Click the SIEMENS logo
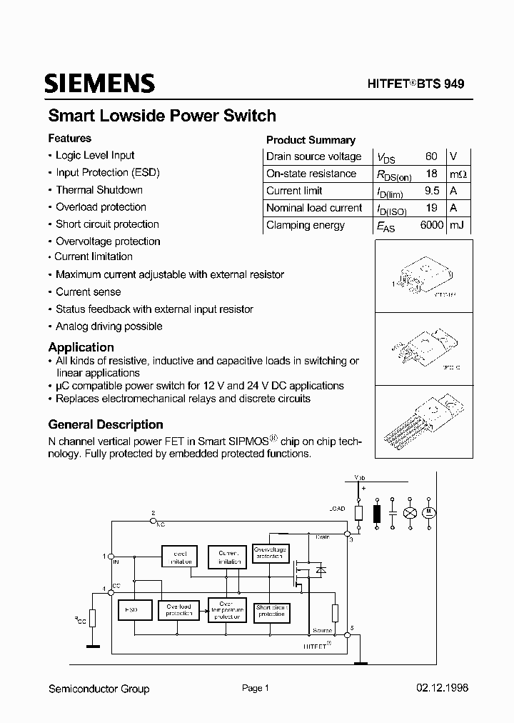(x=99, y=84)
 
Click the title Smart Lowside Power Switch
(x=162, y=116)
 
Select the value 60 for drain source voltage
(x=431, y=156)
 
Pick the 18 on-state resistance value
(x=431, y=174)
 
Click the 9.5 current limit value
(x=431, y=191)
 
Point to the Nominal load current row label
(x=314, y=208)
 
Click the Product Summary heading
(x=311, y=140)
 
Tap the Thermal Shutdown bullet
(x=99, y=190)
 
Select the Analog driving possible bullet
(x=109, y=326)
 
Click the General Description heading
(x=106, y=424)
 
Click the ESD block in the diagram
(x=131, y=610)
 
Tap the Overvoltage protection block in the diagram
(x=271, y=553)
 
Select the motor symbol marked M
(x=430, y=512)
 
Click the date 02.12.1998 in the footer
(x=442, y=689)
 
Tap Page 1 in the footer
(x=255, y=689)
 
